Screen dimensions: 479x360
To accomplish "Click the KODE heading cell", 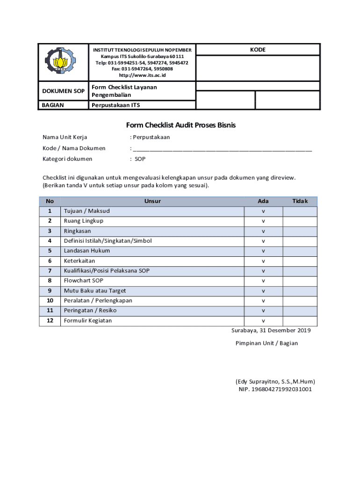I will (x=258, y=50).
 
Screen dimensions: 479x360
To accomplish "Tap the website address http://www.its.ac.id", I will (x=142, y=75).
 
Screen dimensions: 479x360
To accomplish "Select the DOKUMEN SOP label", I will (x=63, y=91).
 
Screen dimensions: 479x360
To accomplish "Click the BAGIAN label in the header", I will (x=53, y=105).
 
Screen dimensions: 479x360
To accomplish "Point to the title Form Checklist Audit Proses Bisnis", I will (x=180, y=125).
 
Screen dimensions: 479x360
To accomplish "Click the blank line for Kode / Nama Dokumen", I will (x=222, y=148).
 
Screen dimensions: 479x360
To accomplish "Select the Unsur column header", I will (x=152, y=201).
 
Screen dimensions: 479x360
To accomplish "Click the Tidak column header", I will (x=300, y=201).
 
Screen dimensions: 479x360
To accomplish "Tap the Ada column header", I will (x=263, y=201).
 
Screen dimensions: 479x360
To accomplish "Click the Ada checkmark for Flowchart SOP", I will (x=263, y=281).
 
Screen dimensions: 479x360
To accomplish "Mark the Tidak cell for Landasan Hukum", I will (x=300, y=251).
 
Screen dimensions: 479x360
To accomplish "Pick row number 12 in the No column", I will (x=50, y=320).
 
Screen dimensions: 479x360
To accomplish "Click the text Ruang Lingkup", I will (x=84, y=221).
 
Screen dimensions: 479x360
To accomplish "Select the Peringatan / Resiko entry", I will (x=90, y=311).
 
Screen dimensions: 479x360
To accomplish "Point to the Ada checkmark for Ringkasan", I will (x=263, y=231).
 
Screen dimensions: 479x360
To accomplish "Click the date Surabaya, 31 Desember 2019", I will (x=271, y=330).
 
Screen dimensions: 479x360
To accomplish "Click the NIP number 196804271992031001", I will (x=275, y=389).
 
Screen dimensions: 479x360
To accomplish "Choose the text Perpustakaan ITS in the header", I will (x=115, y=105).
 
